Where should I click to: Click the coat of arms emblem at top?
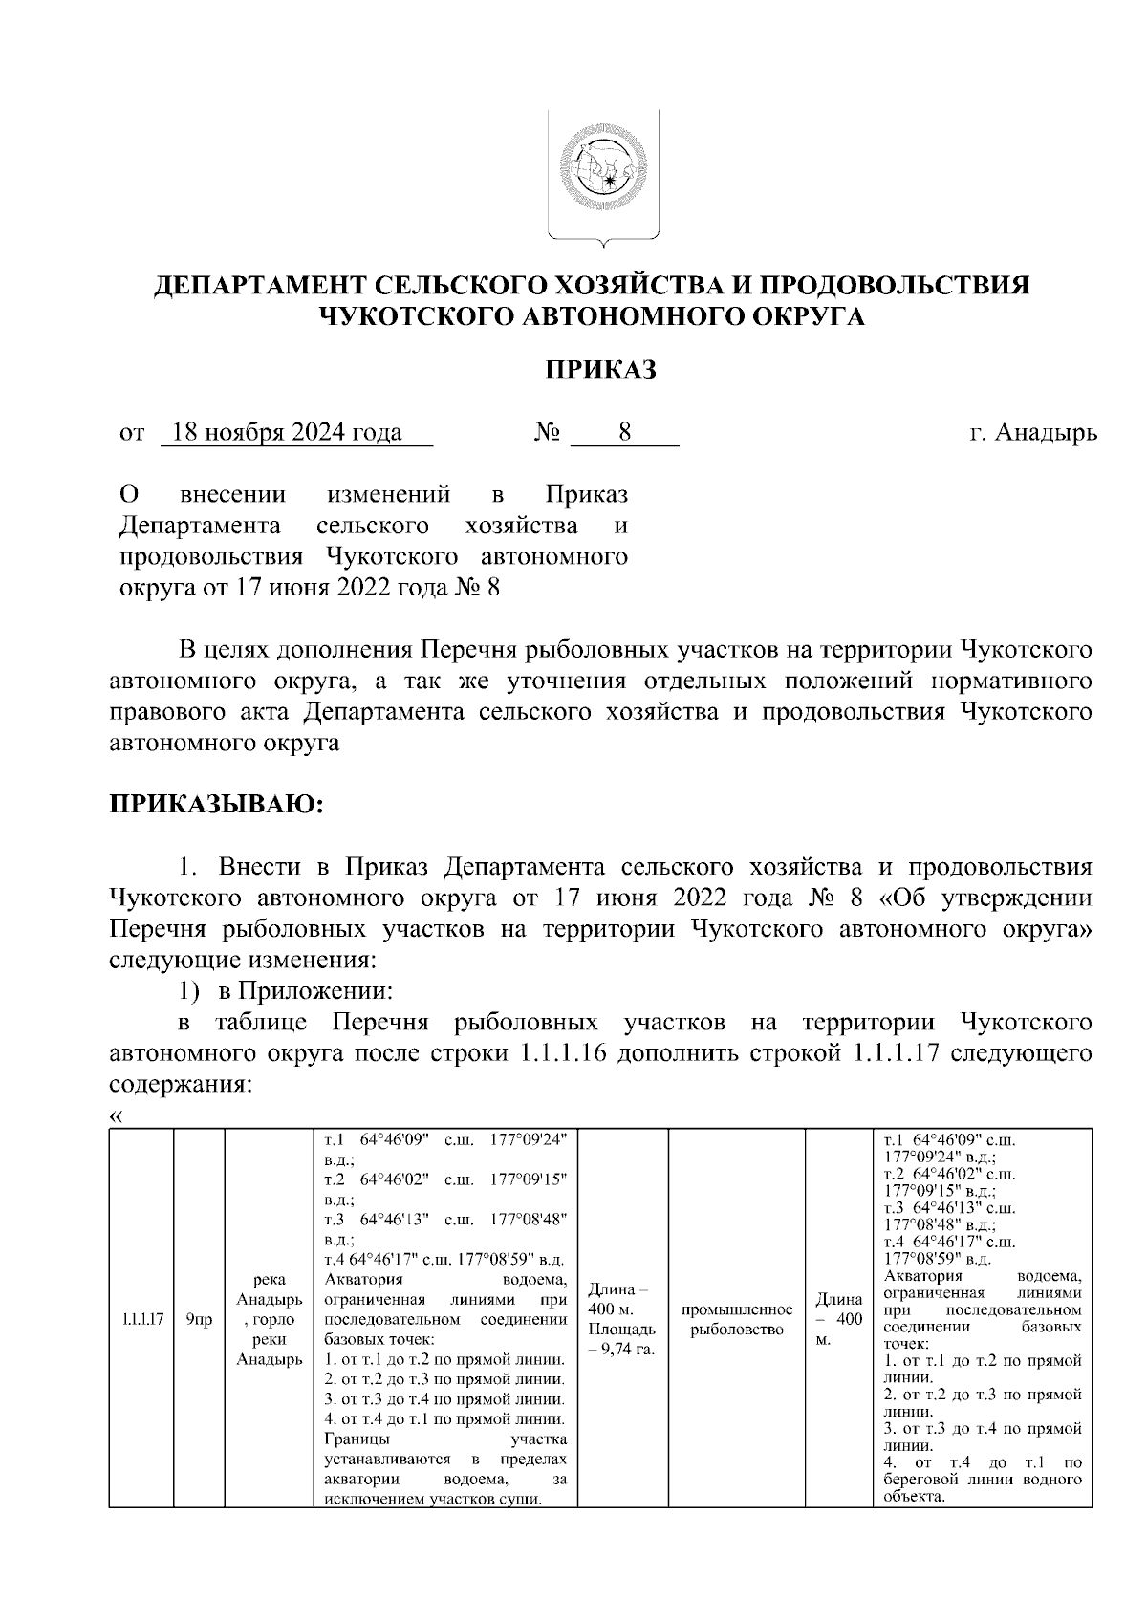tap(602, 178)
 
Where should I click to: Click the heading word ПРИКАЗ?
tap(601, 370)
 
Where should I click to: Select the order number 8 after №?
tap(624, 433)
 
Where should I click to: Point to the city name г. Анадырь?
tap(1032, 433)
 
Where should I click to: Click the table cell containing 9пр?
tap(199, 1320)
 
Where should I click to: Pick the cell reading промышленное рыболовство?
tap(736, 1319)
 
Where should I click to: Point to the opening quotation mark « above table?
tap(118, 1115)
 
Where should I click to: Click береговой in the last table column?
tap(921, 1480)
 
